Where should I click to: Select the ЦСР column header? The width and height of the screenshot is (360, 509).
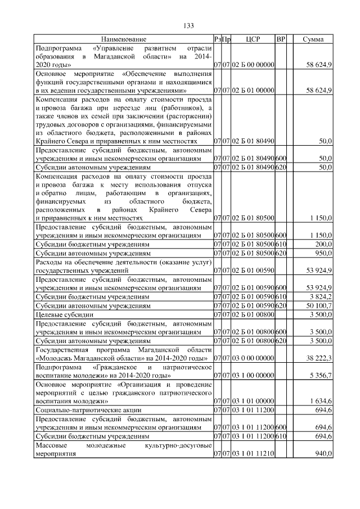click(x=253, y=39)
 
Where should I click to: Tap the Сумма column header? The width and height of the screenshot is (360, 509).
click(x=313, y=39)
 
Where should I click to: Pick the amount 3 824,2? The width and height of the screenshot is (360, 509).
click(x=319, y=296)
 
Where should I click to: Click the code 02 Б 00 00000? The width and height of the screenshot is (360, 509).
click(x=253, y=66)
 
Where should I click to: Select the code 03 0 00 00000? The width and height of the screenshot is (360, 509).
click(x=253, y=358)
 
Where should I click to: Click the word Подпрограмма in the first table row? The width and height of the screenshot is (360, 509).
click(x=57, y=48)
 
